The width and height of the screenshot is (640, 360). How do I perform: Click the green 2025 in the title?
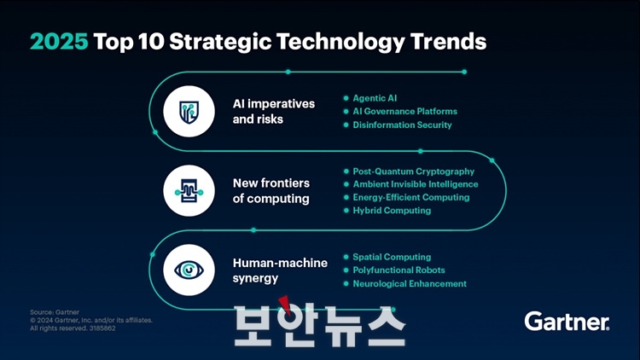coord(59,41)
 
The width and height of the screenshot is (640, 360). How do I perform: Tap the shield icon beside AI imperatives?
coord(189,112)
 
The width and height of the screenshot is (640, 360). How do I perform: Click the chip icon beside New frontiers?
coord(189,190)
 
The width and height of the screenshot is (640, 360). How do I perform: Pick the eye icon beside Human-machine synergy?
coord(189,270)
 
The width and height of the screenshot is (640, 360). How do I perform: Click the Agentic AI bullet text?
coord(375,98)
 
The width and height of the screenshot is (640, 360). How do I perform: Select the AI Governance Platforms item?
coord(404,111)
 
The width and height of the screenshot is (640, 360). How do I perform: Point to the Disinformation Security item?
coord(402,125)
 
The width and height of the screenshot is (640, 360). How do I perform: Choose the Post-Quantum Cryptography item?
coord(414,171)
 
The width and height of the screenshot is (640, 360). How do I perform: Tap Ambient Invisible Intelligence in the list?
coord(416,184)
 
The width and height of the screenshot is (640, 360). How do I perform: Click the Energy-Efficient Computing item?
coord(411,198)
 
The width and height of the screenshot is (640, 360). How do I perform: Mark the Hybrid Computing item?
coord(392,211)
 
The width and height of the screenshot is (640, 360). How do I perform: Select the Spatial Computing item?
coord(392,257)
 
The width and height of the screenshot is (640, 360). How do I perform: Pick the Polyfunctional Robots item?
coord(399,270)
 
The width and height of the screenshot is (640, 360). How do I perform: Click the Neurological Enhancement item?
coord(410,284)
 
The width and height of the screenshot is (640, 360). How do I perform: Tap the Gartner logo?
coord(567,322)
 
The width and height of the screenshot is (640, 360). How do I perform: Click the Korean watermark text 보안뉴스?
coord(320,323)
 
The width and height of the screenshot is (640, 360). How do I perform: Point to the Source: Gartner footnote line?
coord(55,312)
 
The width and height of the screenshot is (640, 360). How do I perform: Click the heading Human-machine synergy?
coord(280,270)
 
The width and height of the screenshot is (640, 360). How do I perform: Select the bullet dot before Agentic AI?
coord(346,98)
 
